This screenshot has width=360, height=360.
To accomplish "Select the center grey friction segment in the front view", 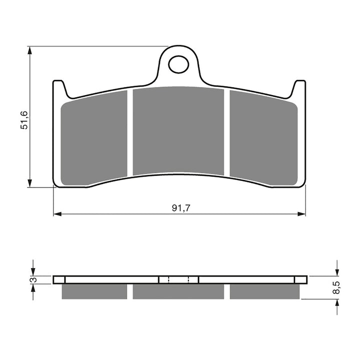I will tap(178, 131).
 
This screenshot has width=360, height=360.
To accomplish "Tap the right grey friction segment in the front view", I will tap(263, 137).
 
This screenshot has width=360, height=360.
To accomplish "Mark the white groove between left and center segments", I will tap(130, 132).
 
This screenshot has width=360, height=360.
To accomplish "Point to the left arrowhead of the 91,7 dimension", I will tap(57, 214).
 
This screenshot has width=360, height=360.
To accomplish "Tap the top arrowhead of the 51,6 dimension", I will tap(30, 50).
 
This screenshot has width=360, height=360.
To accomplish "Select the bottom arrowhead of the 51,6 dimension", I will tap(30, 183).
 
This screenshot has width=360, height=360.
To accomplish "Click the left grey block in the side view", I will tap(94, 291).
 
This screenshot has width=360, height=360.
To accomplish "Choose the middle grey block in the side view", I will tap(178, 291).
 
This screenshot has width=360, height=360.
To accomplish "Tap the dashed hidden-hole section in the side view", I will tap(178, 279).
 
